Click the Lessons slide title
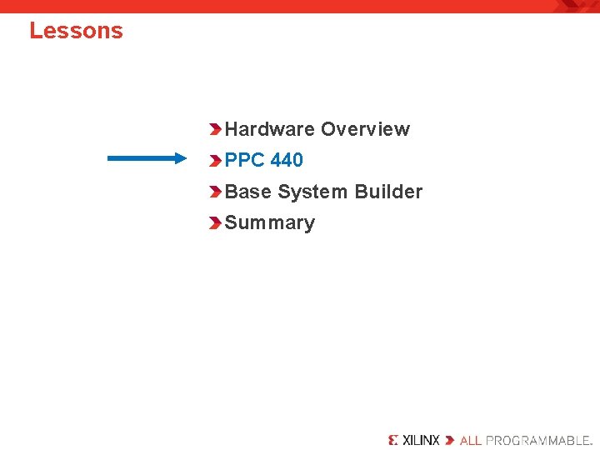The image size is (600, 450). [x=76, y=31]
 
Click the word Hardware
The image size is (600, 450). [x=270, y=129]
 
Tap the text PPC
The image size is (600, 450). [x=245, y=160]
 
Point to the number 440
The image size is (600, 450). [x=287, y=160]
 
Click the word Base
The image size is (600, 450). [x=248, y=192]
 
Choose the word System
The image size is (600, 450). [x=313, y=192]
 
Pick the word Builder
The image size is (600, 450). [x=388, y=192]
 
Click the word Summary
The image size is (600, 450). [x=270, y=222]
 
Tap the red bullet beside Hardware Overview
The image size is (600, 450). [x=216, y=129]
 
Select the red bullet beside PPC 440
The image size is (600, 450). [x=216, y=160]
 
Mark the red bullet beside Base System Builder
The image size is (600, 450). [x=216, y=192]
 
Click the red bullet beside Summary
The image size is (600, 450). [x=216, y=223]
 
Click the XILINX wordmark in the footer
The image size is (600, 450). [x=422, y=439]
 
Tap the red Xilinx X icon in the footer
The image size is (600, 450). [x=394, y=439]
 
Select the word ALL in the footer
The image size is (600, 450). [x=471, y=439]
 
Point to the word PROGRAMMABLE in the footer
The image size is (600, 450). [x=538, y=439]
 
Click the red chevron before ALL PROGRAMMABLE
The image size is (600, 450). [x=450, y=439]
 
